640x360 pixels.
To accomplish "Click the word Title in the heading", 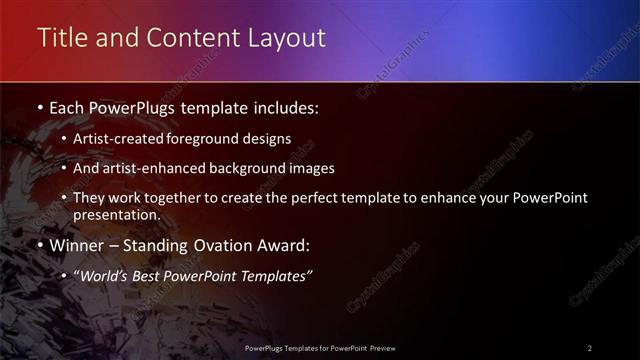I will [61, 38].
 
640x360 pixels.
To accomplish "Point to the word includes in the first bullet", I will [287, 106].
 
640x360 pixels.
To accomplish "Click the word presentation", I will [115, 214].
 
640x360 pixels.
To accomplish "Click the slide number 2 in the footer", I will [590, 348].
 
